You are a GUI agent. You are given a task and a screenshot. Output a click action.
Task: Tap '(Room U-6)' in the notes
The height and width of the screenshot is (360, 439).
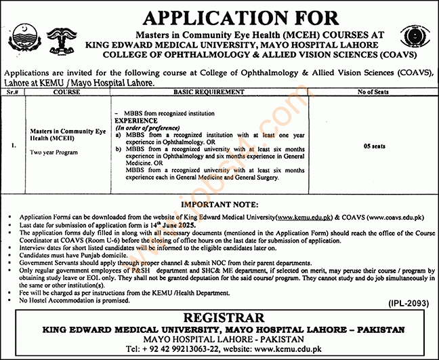point(114,237)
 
